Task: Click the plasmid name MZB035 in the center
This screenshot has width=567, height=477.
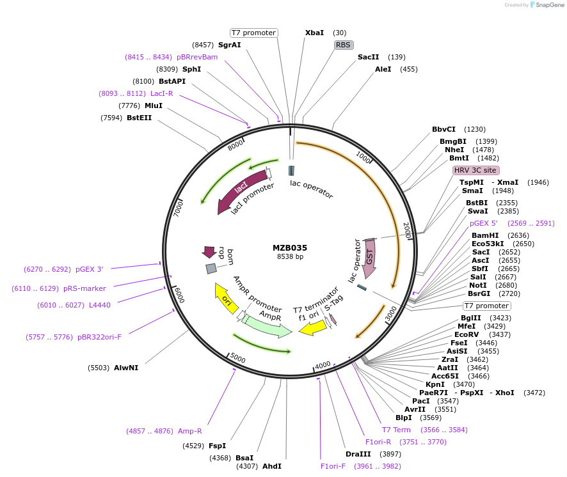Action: click(x=290, y=247)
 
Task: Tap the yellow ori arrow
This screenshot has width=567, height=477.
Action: click(x=226, y=299)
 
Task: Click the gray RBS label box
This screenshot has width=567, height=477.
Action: click(x=344, y=45)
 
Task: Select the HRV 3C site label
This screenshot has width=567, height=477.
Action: click(x=475, y=171)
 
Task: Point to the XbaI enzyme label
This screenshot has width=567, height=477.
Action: click(x=314, y=33)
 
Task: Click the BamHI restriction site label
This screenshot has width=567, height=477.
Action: click(x=484, y=235)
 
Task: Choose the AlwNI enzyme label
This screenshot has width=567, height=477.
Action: click(x=126, y=368)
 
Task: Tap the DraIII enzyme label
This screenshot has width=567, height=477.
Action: click(x=358, y=454)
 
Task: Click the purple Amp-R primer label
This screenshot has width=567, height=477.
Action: click(x=190, y=431)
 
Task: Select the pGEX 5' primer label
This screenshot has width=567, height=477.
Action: click(x=483, y=223)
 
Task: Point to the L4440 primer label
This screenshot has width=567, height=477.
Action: click(x=100, y=305)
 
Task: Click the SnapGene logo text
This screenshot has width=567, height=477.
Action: click(x=547, y=5)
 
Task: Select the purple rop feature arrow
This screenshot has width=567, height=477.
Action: click(x=209, y=252)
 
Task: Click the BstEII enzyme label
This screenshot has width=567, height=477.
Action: click(x=139, y=118)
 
